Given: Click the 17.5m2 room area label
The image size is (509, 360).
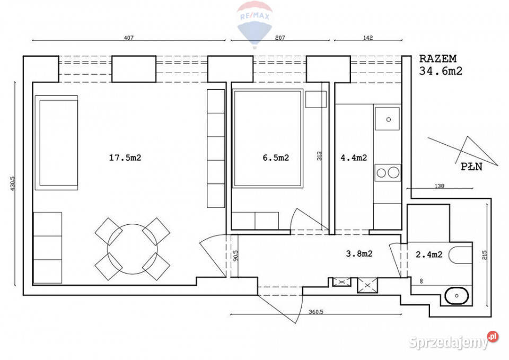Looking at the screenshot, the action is (x=125, y=158).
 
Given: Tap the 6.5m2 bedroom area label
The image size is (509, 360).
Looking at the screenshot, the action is (x=276, y=158).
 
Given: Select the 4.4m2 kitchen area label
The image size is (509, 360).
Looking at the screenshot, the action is (x=354, y=158).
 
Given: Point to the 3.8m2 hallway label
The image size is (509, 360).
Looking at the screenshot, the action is (x=359, y=253).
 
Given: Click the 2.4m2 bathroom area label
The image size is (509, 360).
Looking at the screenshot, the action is (x=429, y=254).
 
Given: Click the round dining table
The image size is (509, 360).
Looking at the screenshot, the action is (x=132, y=249).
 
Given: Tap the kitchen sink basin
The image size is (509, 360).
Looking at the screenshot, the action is (x=387, y=119).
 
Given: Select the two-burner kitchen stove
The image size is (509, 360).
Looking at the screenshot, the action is (x=388, y=173).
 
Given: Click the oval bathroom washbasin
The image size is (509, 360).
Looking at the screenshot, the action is (x=457, y=296).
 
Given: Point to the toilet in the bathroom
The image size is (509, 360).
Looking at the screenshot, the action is (x=461, y=255).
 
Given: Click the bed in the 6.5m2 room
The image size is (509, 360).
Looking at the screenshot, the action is (x=268, y=138).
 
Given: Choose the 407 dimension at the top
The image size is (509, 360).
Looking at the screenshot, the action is (x=129, y=38).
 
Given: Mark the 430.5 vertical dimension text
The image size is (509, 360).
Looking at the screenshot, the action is (x=13, y=183).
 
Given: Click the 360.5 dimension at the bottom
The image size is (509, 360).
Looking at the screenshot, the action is (x=316, y=312).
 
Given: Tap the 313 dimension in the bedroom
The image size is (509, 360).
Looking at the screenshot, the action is (x=319, y=156).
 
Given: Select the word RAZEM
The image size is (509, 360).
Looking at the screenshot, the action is (x=438, y=59).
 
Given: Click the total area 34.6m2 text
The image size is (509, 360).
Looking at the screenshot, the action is (x=441, y=71).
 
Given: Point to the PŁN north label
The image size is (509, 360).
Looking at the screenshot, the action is (x=472, y=167).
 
